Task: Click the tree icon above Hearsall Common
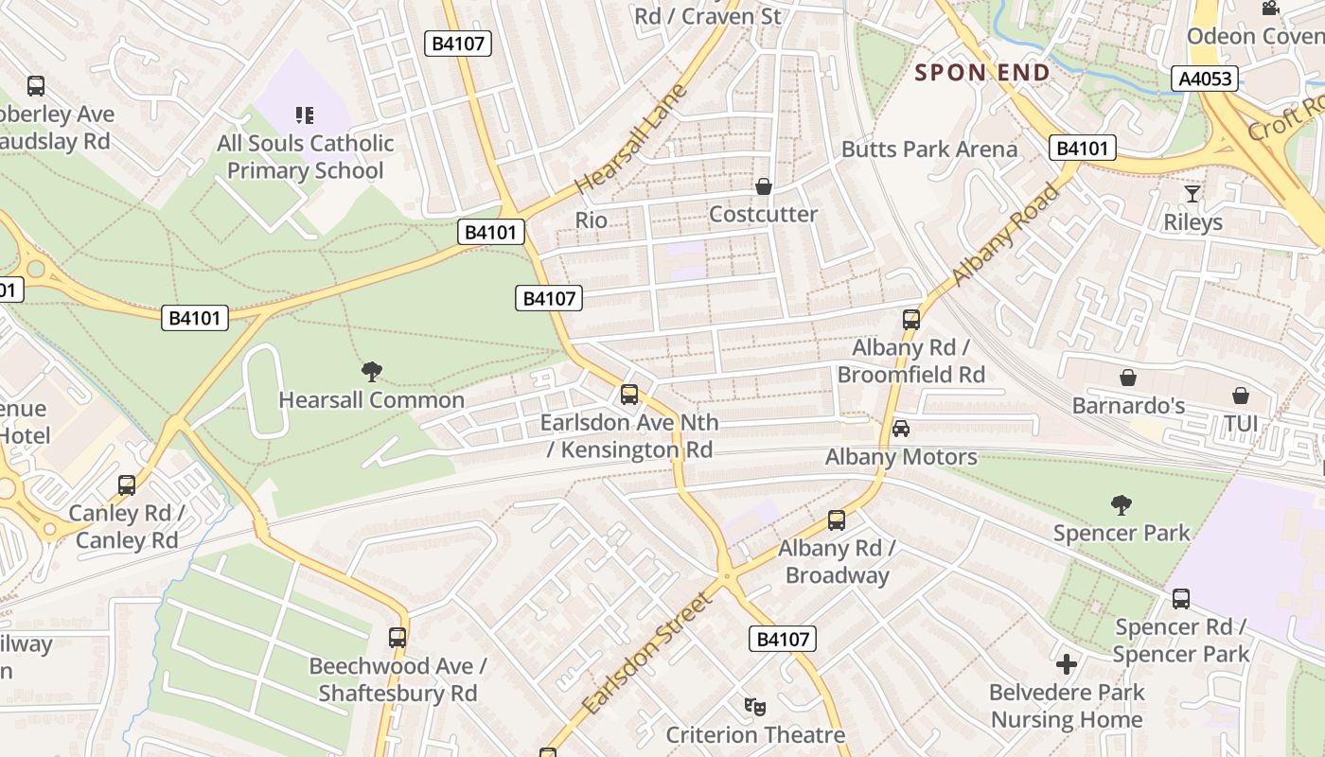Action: (x=372, y=372)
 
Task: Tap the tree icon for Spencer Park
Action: (x=1122, y=504)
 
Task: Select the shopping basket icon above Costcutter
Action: (x=763, y=186)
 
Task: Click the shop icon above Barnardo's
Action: (x=1128, y=378)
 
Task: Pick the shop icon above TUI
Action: (x=1240, y=396)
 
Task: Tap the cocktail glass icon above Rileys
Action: (x=1192, y=194)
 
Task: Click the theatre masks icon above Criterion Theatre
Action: (x=754, y=706)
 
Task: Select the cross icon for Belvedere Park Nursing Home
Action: (x=1067, y=664)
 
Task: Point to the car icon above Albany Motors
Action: (x=901, y=429)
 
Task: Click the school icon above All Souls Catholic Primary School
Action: (x=305, y=115)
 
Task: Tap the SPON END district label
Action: (x=982, y=73)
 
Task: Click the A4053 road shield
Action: (x=1206, y=79)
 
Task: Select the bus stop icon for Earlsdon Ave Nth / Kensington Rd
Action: (x=629, y=395)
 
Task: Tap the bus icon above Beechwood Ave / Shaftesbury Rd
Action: (x=397, y=638)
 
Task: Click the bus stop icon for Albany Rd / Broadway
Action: (x=837, y=520)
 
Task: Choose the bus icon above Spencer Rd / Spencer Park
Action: (x=1181, y=599)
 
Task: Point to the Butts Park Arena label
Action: (x=929, y=149)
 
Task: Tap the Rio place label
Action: (x=592, y=220)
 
